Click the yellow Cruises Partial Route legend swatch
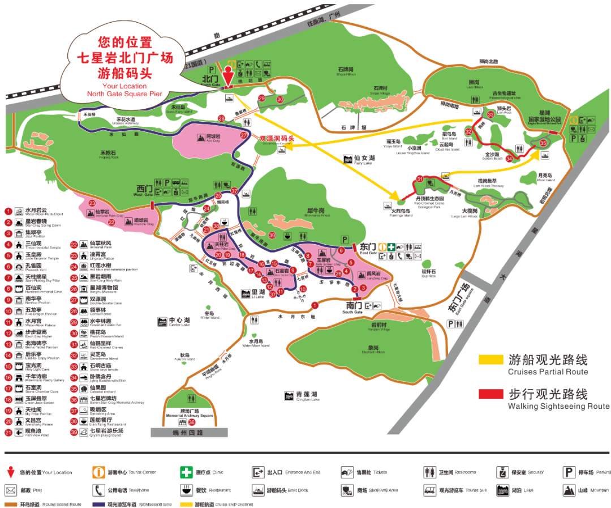pyautogui.click(x=490, y=360)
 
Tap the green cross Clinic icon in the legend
pyautogui.click(x=186, y=472)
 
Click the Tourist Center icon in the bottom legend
pyautogui.click(x=99, y=472)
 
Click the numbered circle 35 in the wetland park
pyautogui.click(x=543, y=143)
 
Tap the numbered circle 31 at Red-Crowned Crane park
pyautogui.click(x=420, y=180)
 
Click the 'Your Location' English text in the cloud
pyautogui.click(x=124, y=86)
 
